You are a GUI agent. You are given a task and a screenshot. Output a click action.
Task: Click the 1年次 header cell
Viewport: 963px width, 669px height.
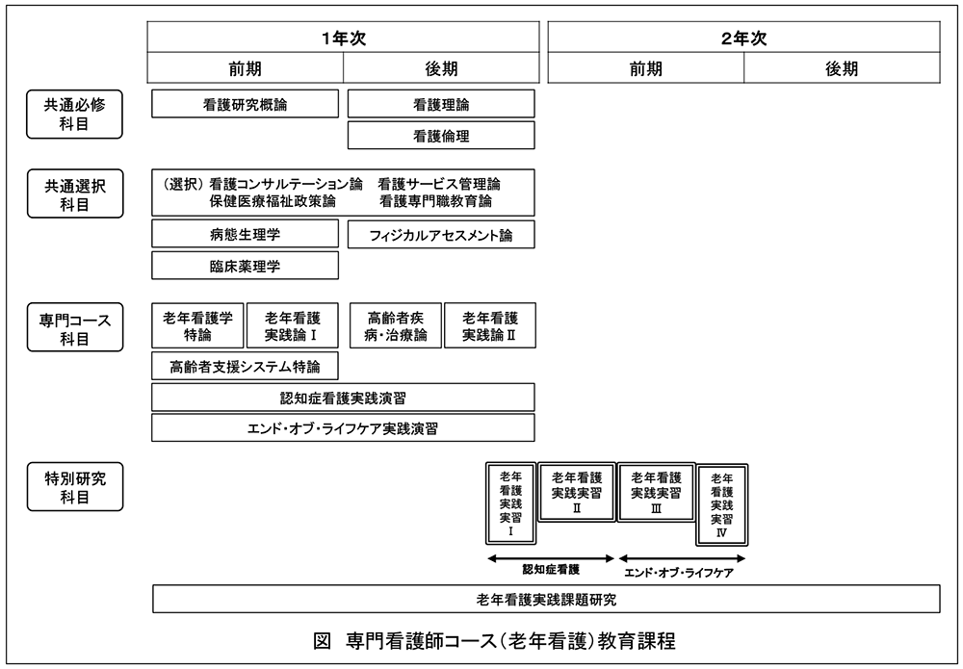click(344, 38)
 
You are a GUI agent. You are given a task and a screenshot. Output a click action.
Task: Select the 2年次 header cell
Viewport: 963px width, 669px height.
click(743, 38)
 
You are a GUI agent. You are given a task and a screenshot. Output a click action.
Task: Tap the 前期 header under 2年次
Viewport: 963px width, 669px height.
click(646, 68)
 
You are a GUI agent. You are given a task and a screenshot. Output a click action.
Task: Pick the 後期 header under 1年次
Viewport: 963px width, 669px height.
click(441, 68)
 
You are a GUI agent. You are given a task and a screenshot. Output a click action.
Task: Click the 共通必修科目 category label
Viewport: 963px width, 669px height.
click(74, 115)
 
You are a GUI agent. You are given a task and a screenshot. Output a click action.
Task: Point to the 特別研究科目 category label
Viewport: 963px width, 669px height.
click(75, 487)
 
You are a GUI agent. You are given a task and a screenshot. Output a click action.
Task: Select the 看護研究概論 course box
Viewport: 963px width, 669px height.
click(245, 104)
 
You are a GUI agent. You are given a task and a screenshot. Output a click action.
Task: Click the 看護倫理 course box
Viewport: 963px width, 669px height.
click(441, 135)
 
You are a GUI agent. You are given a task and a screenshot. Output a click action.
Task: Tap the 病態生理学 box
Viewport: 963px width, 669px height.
click(245, 234)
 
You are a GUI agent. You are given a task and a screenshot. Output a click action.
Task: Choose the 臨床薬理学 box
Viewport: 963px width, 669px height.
click(245, 265)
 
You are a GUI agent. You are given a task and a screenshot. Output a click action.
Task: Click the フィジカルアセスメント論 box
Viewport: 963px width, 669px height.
click(441, 235)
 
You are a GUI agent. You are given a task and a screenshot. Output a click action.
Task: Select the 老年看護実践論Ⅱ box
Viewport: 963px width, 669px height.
click(490, 325)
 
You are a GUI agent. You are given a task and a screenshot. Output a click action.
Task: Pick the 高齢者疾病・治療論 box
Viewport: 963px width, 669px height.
click(396, 325)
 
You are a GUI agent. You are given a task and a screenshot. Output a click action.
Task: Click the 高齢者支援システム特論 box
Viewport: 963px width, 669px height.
click(245, 366)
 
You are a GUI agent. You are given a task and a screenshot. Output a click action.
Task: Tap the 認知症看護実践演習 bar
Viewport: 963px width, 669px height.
click(344, 398)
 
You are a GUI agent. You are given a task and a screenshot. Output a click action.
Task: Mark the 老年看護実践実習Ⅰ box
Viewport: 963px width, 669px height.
click(511, 503)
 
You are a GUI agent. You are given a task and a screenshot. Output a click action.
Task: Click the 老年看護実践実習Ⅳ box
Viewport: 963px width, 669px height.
click(722, 504)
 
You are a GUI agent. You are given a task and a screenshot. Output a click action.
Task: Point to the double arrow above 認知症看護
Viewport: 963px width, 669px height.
click(551, 558)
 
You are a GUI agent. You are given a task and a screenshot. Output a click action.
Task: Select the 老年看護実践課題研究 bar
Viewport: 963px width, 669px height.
click(546, 599)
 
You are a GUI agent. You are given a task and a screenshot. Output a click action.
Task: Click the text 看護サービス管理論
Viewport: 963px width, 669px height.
click(439, 184)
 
